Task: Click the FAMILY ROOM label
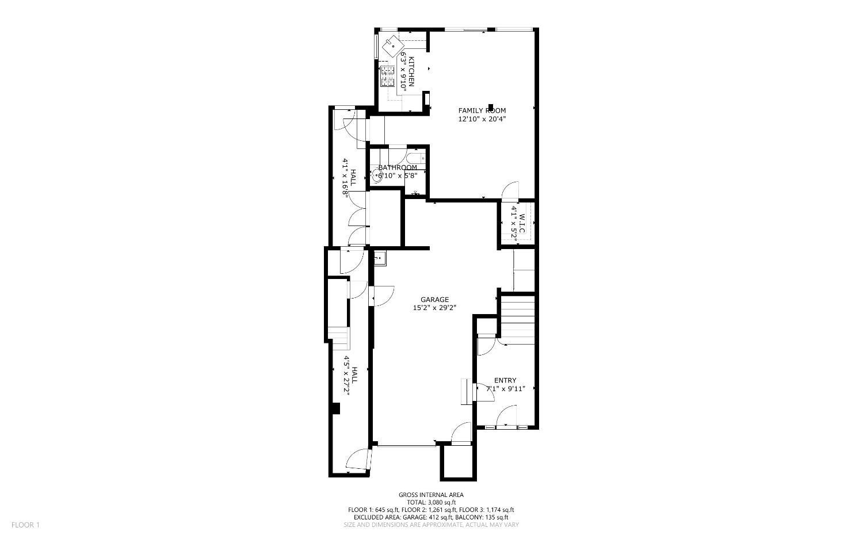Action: point(482,110)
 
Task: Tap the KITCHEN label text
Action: point(411,72)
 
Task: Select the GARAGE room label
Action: point(434,299)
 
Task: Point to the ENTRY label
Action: point(505,380)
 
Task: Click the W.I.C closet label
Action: point(522,223)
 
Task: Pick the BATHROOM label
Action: point(398,167)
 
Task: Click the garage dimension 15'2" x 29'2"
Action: point(434,308)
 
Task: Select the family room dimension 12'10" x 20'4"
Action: point(482,119)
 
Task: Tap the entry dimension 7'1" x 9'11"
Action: point(505,389)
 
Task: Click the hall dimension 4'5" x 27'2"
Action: point(347,380)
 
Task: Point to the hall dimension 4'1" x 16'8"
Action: point(345,178)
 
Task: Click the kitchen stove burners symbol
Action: point(388,76)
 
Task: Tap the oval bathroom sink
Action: point(377,176)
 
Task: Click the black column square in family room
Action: point(490,107)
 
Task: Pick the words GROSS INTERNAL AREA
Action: point(431,495)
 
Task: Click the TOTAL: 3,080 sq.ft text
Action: point(431,502)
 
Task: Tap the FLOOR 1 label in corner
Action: point(25,525)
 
